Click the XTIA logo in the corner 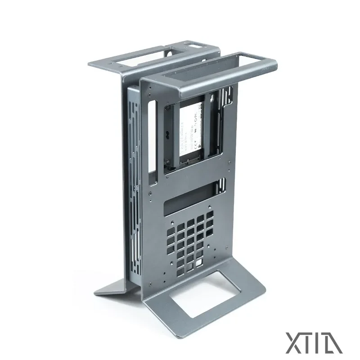[314, 342]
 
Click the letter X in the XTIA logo [292, 342]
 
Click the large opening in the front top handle [202, 72]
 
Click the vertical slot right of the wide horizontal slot [221, 185]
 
